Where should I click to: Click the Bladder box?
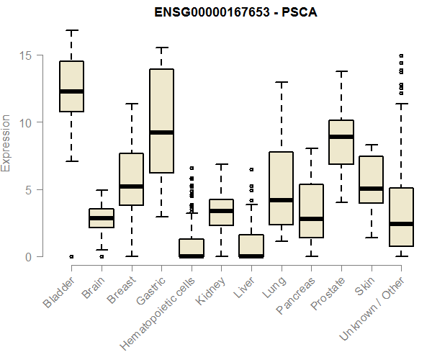point(71,86)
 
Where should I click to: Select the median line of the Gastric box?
point(161,132)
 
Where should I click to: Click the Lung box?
point(282,189)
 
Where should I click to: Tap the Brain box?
point(102,218)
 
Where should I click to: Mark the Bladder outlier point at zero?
point(71,256)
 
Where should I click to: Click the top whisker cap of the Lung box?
point(282,82)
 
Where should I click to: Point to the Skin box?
point(372,180)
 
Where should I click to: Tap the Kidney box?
point(221,212)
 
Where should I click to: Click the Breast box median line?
point(131,186)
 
